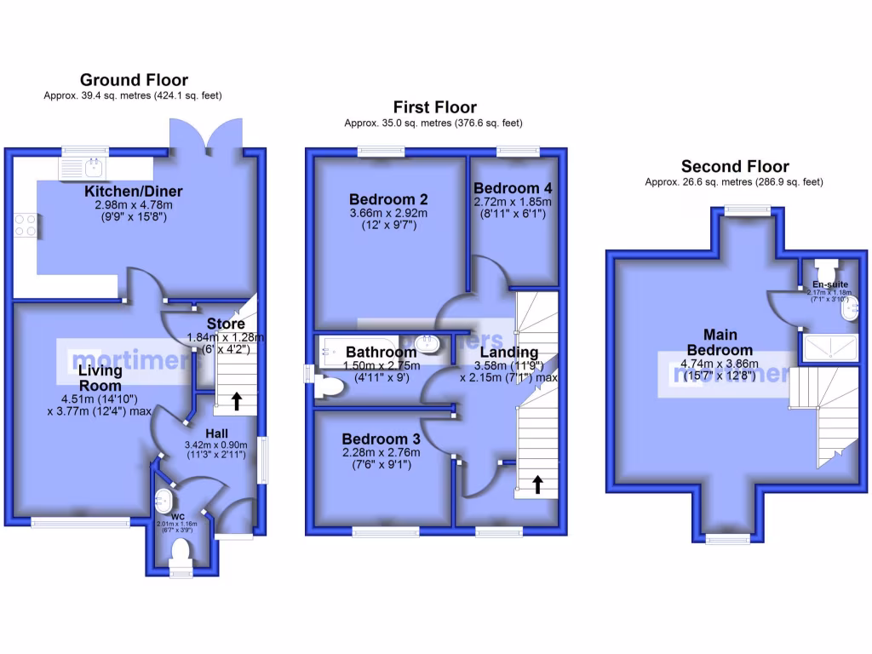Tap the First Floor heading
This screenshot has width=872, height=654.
pyautogui.click(x=434, y=107)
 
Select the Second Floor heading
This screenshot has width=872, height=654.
pyautogui.click(x=734, y=167)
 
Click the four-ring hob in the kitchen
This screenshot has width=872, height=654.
pyautogui.click(x=26, y=224)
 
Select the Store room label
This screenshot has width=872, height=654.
pyautogui.click(x=226, y=324)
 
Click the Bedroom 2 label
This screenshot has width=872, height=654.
pyautogui.click(x=387, y=198)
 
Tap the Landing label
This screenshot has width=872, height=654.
pyautogui.click(x=508, y=353)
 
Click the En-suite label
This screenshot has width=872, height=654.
pyautogui.click(x=829, y=284)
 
